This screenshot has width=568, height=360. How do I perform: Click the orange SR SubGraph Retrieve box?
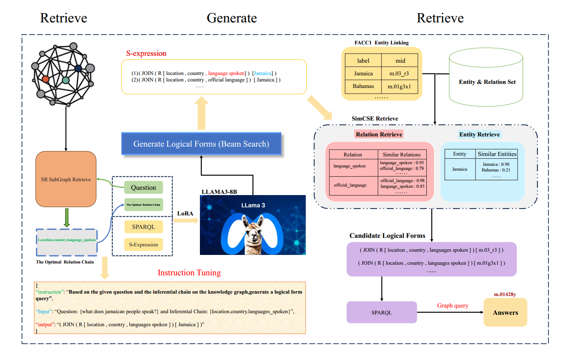pyautogui.click(x=66, y=179)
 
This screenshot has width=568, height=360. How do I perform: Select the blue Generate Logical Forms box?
pyautogui.click(x=201, y=144)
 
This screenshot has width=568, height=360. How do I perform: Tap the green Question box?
pyautogui.click(x=143, y=187)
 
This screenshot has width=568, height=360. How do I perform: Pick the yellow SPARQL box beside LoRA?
pyautogui.click(x=143, y=227)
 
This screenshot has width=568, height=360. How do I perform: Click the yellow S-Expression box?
pyautogui.click(x=143, y=245)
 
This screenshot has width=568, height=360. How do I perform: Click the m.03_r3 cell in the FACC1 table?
pyautogui.click(x=399, y=74)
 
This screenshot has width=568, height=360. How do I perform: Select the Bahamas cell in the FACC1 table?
pyautogui.click(x=363, y=86)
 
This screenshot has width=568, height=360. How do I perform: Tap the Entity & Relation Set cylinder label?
pyautogui.click(x=487, y=82)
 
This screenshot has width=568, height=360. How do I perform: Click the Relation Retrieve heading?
pyautogui.click(x=379, y=134)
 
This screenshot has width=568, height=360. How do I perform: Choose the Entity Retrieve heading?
pyautogui.click(x=479, y=134)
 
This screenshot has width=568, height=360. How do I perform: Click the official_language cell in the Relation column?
pyautogui.click(x=350, y=185)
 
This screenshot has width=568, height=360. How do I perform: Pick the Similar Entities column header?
pyautogui.click(x=497, y=154)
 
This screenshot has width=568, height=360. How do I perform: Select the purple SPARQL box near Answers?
pyautogui.click(x=382, y=312)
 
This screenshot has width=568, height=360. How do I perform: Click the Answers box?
pyautogui.click(x=505, y=312)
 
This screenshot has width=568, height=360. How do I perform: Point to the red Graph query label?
pyautogui.click(x=452, y=305)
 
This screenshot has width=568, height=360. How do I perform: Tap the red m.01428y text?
pyautogui.click(x=505, y=294)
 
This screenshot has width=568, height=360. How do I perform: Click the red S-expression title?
pyautogui.click(x=146, y=53)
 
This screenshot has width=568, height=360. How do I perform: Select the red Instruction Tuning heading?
pyautogui.click(x=189, y=273)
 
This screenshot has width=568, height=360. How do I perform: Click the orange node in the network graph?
pyautogui.click(x=46, y=79)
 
